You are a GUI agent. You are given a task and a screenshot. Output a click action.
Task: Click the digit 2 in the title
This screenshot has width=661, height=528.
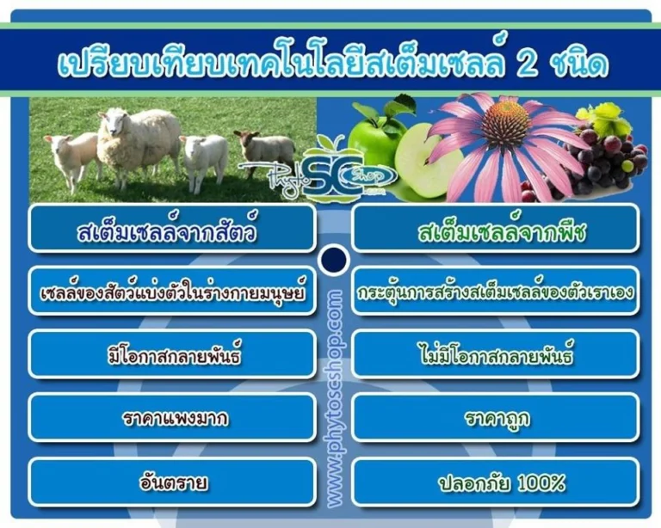tap(526, 63)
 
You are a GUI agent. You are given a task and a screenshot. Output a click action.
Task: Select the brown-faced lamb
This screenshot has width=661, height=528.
tap(265, 150)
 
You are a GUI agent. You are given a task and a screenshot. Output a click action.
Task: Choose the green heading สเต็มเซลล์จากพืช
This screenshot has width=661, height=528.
tap(502, 232)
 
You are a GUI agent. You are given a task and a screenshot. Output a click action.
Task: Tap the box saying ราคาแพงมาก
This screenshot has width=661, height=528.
tap(172, 417)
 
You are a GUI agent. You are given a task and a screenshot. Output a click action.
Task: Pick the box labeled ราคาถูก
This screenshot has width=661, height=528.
tap(496, 417)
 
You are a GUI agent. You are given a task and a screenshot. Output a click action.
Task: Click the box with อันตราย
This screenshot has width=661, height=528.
tap(172, 482)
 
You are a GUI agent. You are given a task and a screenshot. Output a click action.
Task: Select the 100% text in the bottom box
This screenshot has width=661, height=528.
tap(541, 483)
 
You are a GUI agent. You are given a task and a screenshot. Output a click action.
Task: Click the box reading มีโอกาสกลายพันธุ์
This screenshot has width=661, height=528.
tap(172, 354)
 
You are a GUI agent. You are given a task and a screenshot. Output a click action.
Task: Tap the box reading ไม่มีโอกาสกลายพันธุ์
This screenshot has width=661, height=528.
tap(496, 354)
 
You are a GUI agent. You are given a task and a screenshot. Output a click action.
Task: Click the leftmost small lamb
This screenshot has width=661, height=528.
tap(71, 158)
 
